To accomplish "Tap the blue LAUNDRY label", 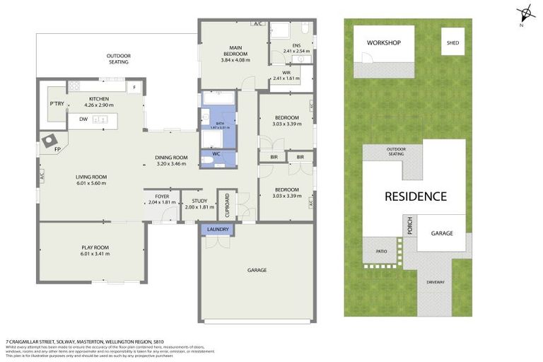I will coord(218,230).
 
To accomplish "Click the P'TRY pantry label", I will coord(57,104).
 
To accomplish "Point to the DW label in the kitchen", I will coord(83,119).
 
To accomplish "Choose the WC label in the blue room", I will coord(217,153).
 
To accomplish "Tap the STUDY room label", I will coord(199,201).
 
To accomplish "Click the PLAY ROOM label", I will coord(94,247).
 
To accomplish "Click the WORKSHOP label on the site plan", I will coord(383,43).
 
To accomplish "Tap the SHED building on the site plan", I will coord(452,42).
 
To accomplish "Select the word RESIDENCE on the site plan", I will coord(415,197).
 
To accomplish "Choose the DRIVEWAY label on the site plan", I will coord(436,282).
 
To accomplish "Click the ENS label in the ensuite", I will coord(288,45).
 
